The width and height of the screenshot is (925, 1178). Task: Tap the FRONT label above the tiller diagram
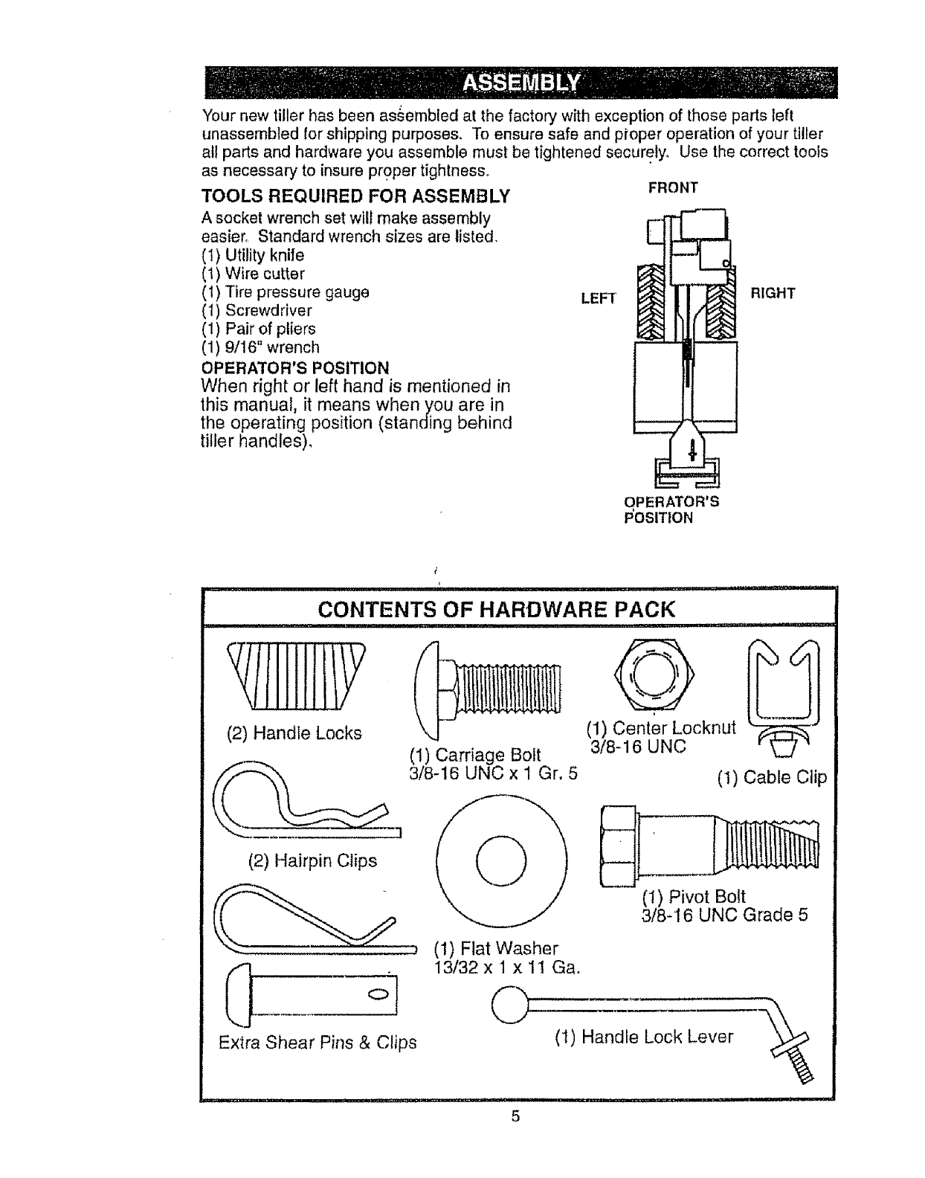click(x=673, y=187)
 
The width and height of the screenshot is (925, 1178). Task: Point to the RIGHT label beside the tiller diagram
click(x=773, y=293)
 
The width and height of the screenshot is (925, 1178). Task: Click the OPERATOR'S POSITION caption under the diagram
click(x=671, y=509)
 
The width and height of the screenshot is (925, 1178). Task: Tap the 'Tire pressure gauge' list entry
click(x=286, y=292)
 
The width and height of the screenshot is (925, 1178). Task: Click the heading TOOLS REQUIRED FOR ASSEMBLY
click(x=356, y=196)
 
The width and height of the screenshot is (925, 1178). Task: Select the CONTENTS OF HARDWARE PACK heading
click(x=496, y=610)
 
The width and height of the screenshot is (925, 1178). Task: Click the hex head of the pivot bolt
click(x=617, y=846)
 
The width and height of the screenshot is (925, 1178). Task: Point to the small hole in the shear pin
click(x=376, y=996)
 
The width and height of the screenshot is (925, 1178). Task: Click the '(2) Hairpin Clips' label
click(x=312, y=861)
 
